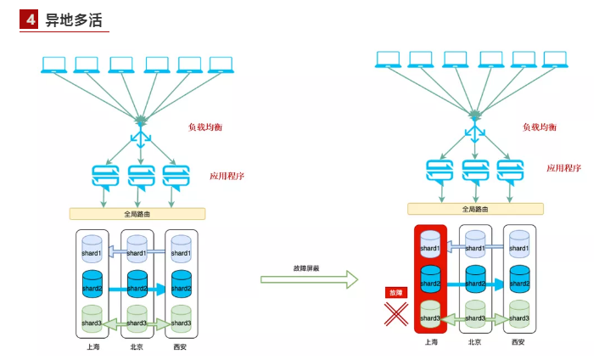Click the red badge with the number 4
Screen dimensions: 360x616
[x=30, y=20]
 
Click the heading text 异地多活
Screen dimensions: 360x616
[x=74, y=20]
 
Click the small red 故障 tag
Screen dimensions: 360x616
[x=395, y=291]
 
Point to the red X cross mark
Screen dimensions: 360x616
[x=395, y=313]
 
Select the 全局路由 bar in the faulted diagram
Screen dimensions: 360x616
[x=475, y=209]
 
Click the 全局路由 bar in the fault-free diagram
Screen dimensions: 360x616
[x=137, y=214]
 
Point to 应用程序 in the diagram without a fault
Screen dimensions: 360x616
[x=227, y=177]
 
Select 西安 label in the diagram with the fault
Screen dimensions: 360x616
[x=518, y=342]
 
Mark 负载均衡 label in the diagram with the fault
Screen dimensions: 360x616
[x=540, y=127]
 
